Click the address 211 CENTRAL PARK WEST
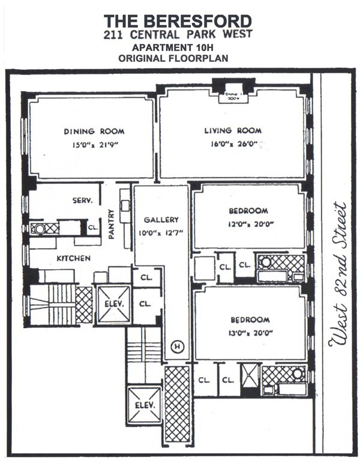[178, 34]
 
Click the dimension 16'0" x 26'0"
[230, 144]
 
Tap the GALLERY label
[159, 220]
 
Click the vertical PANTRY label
[112, 224]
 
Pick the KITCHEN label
[74, 258]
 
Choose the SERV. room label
[83, 201]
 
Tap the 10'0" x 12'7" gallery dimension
[159, 232]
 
